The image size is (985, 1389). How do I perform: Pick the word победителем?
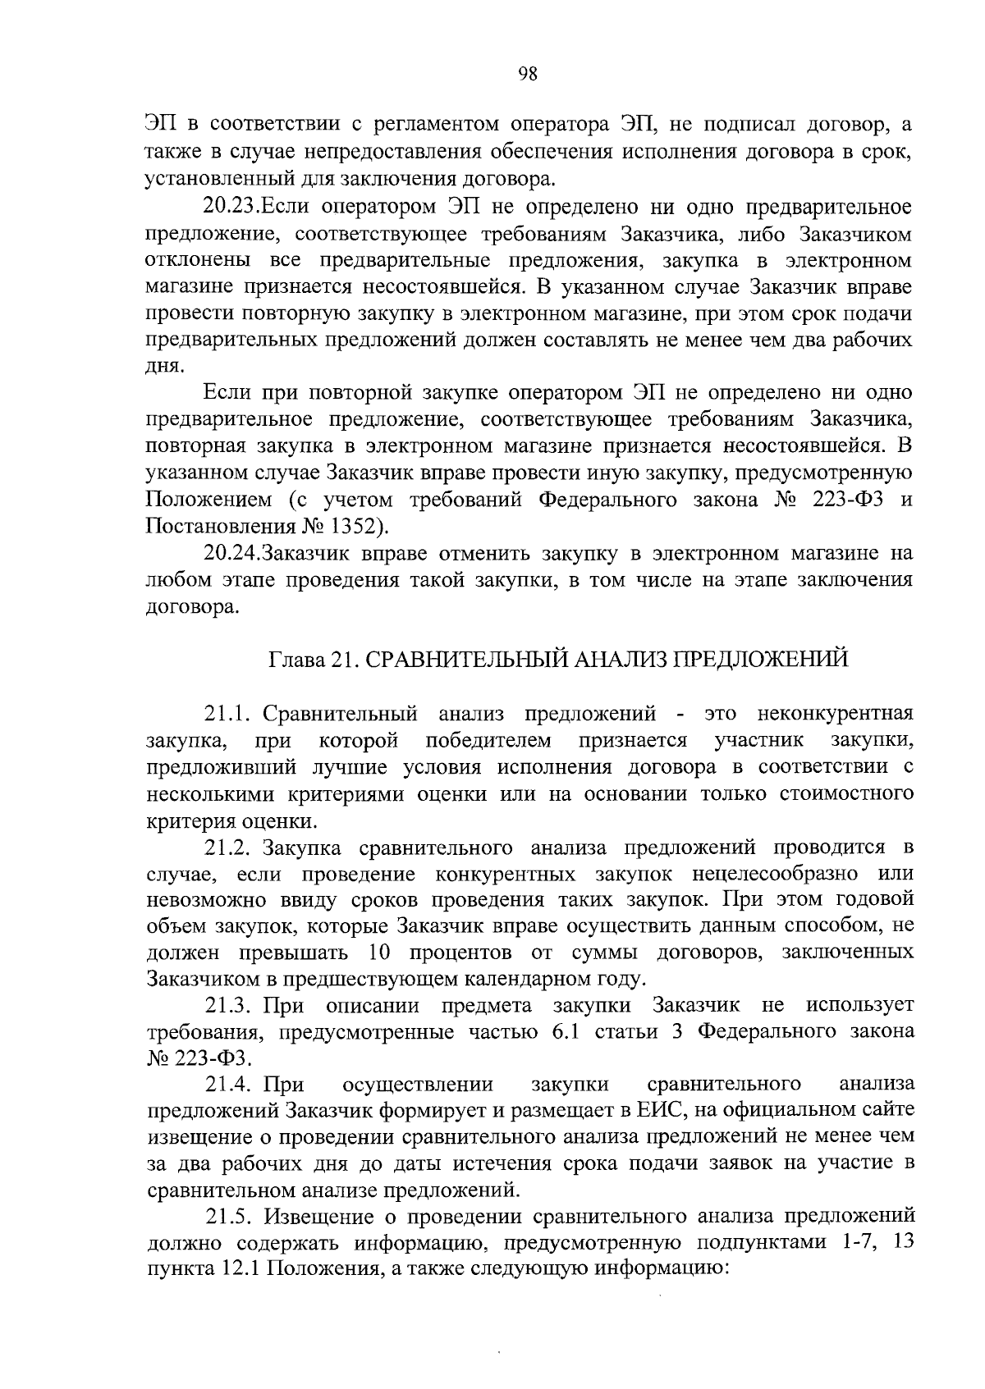pyautogui.click(x=488, y=741)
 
